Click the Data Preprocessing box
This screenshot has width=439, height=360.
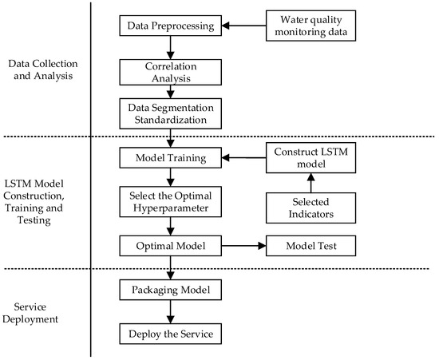coord(170,26)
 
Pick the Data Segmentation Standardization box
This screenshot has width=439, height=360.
coord(170,113)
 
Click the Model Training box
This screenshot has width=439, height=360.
coord(170,158)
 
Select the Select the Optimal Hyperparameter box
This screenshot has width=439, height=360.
coord(170,200)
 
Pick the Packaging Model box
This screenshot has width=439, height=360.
coord(170,290)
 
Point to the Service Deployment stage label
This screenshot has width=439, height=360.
coord(45,312)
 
